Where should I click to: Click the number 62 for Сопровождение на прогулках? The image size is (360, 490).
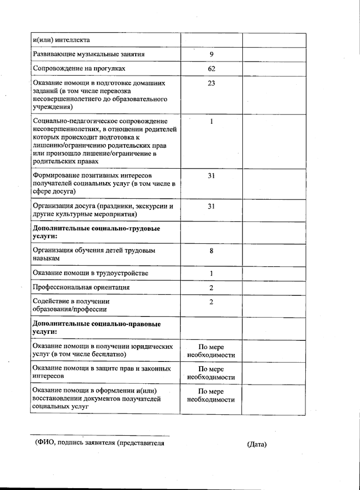[211, 69]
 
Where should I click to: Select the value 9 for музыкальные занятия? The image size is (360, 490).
[211, 54]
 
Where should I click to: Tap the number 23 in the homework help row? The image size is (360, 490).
[211, 83]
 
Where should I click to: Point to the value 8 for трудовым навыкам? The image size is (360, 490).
[211, 251]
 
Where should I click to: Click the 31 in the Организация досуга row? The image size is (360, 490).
[211, 206]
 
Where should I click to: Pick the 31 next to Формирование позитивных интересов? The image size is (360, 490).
[211, 176]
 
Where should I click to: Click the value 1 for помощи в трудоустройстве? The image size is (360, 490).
[211, 273]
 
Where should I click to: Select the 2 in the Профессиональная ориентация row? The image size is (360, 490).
[211, 288]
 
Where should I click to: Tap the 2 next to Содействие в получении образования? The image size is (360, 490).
[211, 302]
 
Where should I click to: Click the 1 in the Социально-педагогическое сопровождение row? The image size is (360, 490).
[211, 122]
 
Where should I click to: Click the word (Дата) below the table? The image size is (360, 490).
[257, 444]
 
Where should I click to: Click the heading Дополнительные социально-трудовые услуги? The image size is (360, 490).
[96, 232]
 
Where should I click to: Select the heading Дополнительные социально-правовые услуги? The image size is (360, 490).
[97, 328]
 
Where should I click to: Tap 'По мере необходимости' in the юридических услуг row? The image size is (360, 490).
[211, 351]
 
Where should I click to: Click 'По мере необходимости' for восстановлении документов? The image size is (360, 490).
[211, 395]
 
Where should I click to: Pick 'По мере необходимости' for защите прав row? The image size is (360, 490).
[211, 373]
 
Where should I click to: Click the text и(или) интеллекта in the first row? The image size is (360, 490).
[61, 40]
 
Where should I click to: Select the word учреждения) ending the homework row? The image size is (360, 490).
[52, 107]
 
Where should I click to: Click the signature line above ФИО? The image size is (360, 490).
[100, 435]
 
